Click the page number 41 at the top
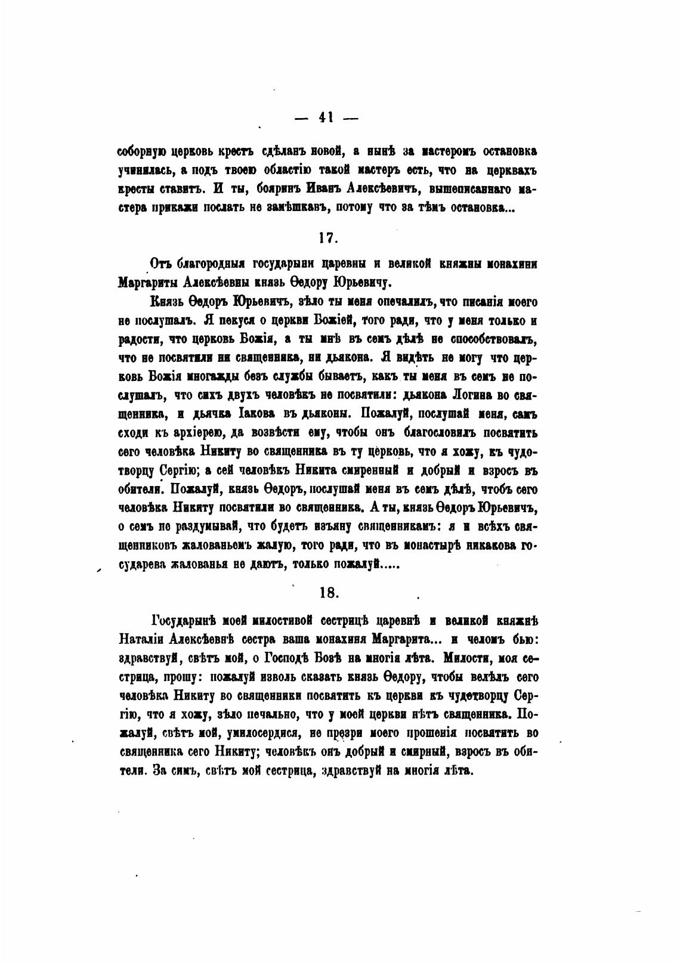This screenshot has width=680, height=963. [x=326, y=117]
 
